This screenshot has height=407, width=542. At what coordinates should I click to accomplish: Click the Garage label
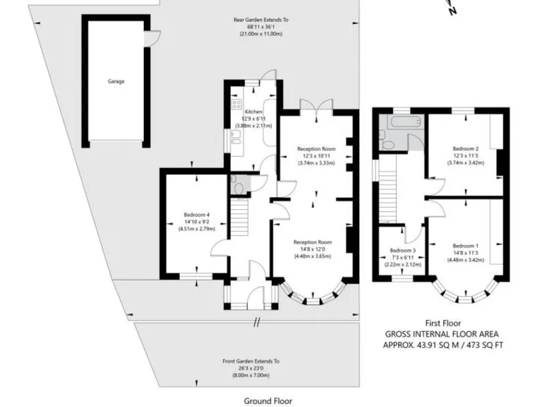pos(116,81)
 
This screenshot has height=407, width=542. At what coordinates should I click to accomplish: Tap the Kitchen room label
pos(253,112)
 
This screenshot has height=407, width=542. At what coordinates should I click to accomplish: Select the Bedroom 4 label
pos(197,215)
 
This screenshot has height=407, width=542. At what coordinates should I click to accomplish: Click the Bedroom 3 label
pos(403,251)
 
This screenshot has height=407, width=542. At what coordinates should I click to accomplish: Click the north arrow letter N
pos(453,10)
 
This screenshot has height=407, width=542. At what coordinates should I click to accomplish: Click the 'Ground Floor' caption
pos(267,401)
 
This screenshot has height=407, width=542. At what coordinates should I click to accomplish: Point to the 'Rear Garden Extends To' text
pos(261,20)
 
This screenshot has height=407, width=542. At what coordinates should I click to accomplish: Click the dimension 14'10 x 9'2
pos(197,222)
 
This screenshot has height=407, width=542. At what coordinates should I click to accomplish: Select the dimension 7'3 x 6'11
pos(403,258)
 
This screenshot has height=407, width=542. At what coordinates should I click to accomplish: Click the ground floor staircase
pos(242,216)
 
